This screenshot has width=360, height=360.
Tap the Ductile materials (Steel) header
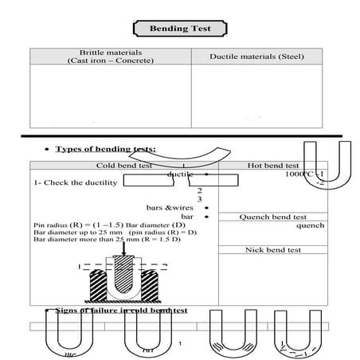tap(256, 57)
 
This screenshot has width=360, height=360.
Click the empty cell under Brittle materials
tap(110, 95)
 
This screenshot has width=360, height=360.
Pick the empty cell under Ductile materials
tap(256, 95)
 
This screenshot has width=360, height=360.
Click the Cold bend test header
tap(123, 166)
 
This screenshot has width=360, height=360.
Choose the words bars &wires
tap(165, 207)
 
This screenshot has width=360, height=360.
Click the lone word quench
tap(310, 225)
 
